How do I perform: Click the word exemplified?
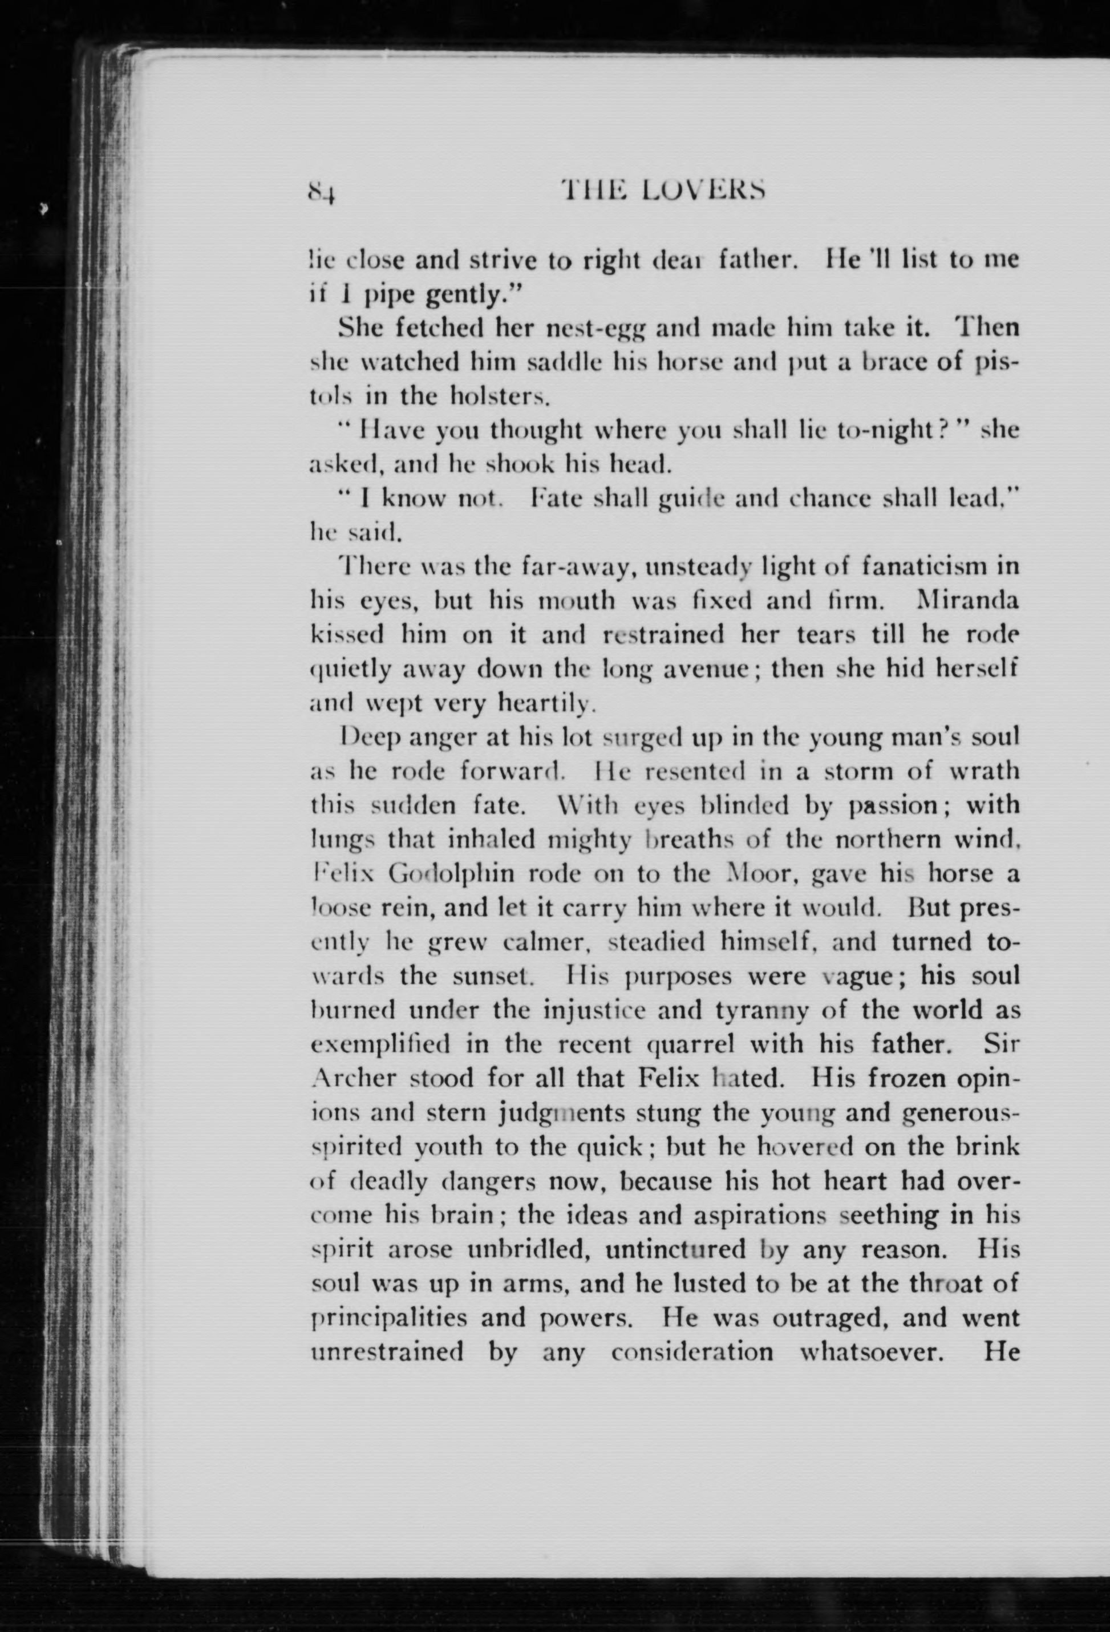click(381, 1045)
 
